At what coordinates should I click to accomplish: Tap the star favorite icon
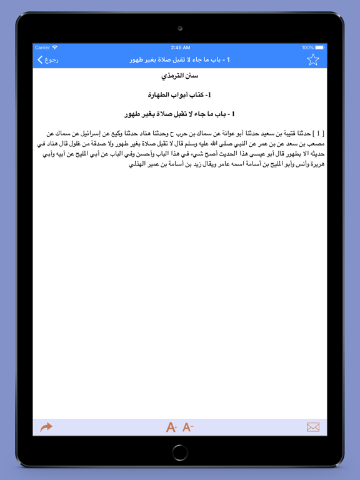tap(312, 60)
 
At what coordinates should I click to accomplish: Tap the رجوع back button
tap(47, 60)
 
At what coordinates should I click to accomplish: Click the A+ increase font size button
tap(171, 427)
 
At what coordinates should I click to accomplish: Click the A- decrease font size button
tap(187, 427)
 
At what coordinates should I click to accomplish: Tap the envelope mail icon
tap(313, 427)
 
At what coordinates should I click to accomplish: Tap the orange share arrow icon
tap(46, 427)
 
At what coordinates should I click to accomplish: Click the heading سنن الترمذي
tap(180, 76)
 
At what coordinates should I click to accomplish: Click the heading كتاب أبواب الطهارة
tap(180, 95)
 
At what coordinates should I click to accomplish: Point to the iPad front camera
tap(180, 28)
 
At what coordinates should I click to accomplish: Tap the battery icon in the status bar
tap(320, 47)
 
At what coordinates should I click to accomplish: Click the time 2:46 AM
tap(180, 47)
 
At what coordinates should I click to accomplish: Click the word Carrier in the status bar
tap(42, 47)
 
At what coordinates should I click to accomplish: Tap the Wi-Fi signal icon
tap(55, 47)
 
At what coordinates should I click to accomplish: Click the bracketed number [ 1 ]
tap(318, 134)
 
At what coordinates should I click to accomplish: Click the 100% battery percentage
tap(307, 47)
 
